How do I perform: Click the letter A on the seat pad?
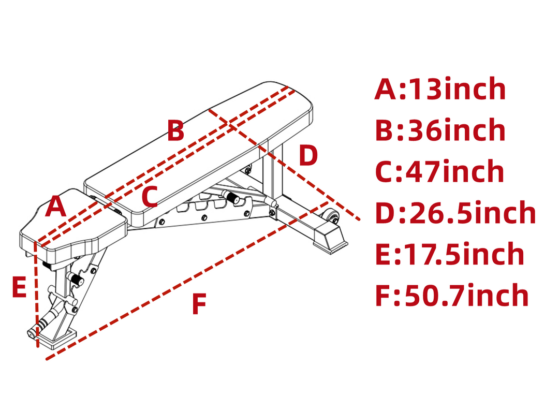click(55, 207)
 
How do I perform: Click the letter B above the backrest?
click(176, 130)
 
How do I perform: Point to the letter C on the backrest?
click(150, 197)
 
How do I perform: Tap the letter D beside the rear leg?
click(308, 155)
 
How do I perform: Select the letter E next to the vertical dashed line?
click(19, 287)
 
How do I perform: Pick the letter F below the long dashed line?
click(199, 303)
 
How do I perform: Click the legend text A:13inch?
click(440, 89)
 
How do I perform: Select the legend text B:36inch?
click(440, 130)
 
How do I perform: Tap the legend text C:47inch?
click(439, 171)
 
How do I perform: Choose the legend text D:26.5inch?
click(455, 212)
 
